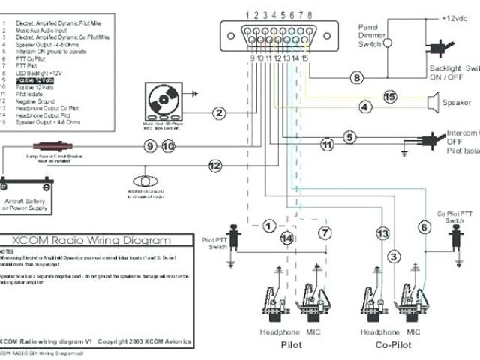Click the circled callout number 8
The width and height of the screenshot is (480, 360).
(357, 78)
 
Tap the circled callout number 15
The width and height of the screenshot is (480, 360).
(389, 97)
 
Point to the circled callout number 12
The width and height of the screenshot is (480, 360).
(215, 165)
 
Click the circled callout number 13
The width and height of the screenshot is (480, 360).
(382, 235)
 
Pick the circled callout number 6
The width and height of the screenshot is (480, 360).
(424, 226)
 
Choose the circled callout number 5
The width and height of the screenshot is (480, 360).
(349, 136)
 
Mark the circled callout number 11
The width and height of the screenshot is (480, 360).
(326, 143)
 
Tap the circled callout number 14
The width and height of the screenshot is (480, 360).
(286, 237)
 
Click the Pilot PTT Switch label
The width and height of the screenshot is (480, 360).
(217, 244)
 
